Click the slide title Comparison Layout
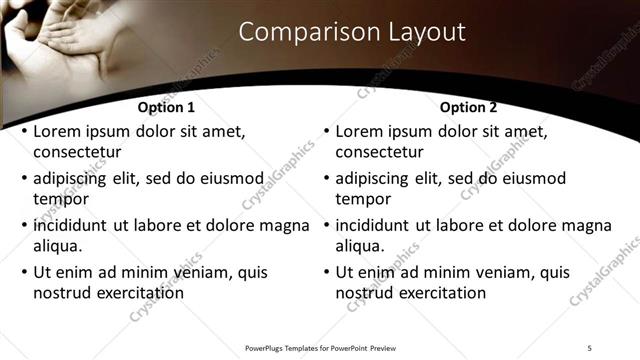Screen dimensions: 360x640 point(352,32)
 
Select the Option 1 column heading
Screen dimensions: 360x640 point(166,107)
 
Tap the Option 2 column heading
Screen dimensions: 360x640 point(468,107)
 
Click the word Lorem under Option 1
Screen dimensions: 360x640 point(58,131)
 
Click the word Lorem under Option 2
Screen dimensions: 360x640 point(360,131)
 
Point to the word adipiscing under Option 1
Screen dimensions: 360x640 point(75,179)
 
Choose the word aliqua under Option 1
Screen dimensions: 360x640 point(58,246)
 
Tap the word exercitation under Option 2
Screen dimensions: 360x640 point(438,293)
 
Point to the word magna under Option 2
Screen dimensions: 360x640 point(587,226)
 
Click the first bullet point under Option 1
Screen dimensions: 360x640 point(22,132)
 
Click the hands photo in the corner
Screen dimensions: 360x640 point(55,40)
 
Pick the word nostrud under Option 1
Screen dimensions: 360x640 point(63,293)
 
